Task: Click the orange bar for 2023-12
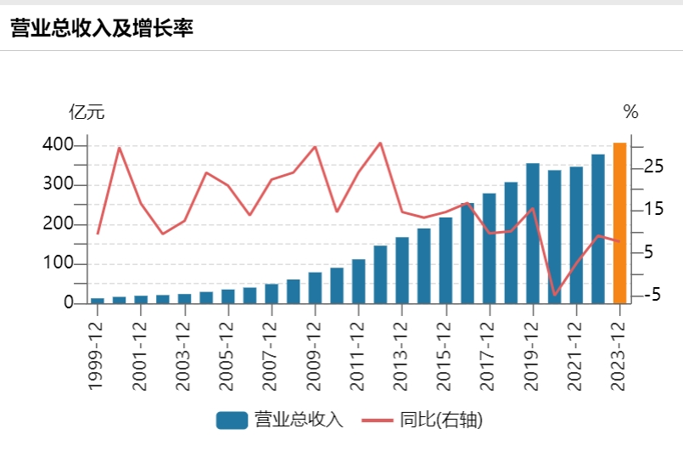tap(619, 223)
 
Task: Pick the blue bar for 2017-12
tap(489, 248)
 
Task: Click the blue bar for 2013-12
tap(402, 270)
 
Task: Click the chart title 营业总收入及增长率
tap(103, 28)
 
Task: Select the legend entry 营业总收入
tap(280, 420)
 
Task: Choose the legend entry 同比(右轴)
tap(422, 420)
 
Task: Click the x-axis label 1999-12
tap(97, 353)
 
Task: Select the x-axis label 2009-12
tap(315, 353)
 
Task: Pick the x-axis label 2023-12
tap(619, 353)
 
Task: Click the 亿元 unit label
tap(87, 112)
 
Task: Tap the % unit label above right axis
tap(630, 112)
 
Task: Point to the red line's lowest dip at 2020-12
tap(555, 295)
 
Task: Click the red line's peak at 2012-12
tap(380, 143)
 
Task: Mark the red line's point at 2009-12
tap(315, 147)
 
